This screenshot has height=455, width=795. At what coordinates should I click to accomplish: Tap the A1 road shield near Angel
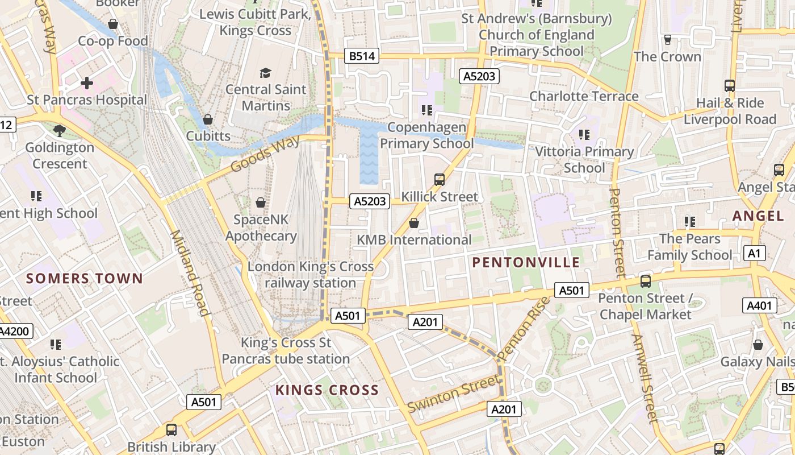(x=754, y=253)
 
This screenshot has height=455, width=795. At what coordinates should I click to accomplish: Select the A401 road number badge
(x=760, y=306)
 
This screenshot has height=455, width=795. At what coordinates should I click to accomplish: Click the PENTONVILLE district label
(x=526, y=262)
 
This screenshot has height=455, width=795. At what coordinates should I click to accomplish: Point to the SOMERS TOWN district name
(x=85, y=279)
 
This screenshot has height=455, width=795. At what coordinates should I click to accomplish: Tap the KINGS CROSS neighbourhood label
(x=327, y=390)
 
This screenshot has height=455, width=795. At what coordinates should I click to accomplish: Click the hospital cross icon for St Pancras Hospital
(x=87, y=84)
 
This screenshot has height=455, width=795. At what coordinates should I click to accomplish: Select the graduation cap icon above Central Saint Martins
(x=265, y=73)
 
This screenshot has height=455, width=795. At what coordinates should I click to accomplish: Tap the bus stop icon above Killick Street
(x=439, y=180)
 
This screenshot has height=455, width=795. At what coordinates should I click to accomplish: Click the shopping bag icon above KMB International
(x=414, y=223)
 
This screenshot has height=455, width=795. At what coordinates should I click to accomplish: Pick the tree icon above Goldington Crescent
(x=59, y=131)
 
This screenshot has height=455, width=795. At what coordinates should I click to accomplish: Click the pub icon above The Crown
(x=668, y=40)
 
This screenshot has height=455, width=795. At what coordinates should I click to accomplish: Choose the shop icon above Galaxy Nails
(x=758, y=345)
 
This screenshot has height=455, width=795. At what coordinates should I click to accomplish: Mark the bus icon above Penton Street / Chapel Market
(x=645, y=281)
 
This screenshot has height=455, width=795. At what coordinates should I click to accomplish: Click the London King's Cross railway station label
(x=311, y=275)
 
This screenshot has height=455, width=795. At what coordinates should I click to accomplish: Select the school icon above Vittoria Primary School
(x=584, y=135)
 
